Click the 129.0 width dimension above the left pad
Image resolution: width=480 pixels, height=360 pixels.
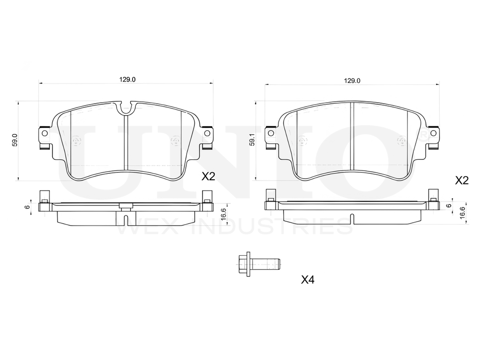coord(127,80)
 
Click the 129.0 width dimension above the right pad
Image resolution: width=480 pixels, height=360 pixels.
coord(352,81)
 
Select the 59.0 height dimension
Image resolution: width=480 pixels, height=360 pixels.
coord(15,140)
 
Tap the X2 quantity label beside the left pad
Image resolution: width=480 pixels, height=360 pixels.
coord(208,177)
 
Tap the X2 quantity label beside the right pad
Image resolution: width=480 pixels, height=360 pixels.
coord(462,180)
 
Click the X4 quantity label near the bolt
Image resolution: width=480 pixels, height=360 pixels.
coord(308,279)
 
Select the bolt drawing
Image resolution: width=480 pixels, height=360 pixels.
coord(259,264)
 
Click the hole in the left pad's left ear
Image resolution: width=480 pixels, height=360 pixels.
coord(44,133)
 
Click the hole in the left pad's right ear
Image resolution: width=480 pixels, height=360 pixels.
coord(207,133)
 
